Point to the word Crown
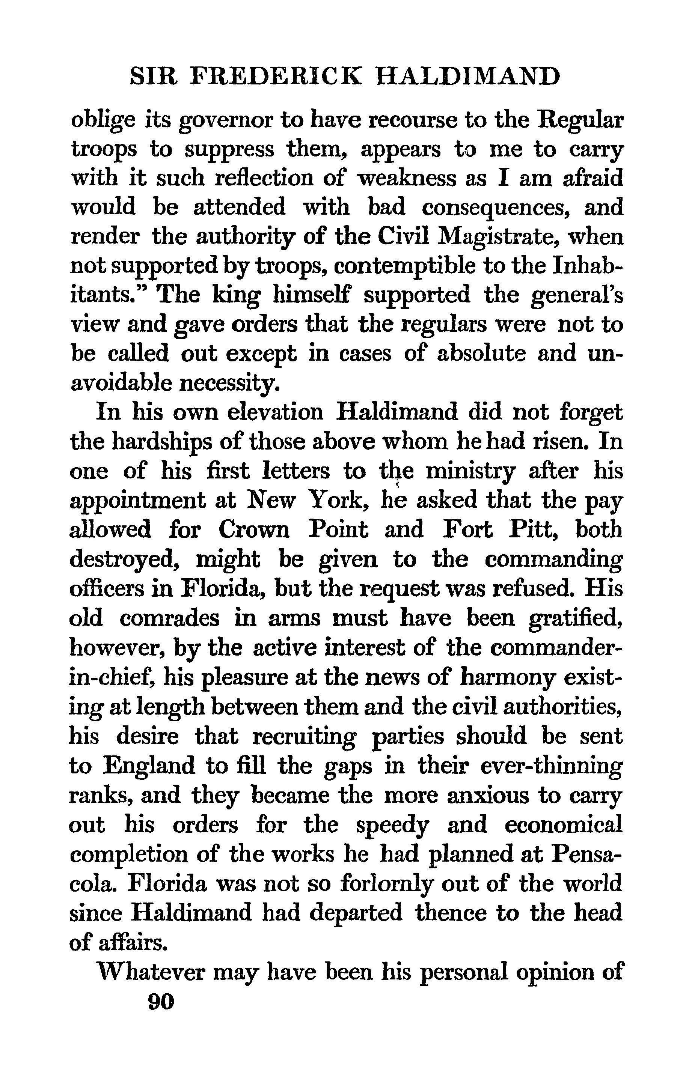pos(254,529)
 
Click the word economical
pos(563,824)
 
